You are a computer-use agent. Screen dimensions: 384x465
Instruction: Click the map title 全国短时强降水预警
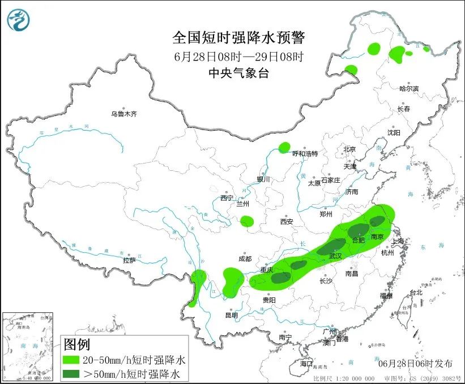(x=238, y=38)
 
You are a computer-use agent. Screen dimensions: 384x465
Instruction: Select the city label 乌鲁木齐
(x=124, y=114)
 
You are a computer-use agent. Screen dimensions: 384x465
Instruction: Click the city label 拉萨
(x=129, y=261)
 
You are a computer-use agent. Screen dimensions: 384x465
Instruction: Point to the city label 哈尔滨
(x=408, y=89)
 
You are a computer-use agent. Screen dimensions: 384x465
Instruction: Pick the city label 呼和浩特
(x=305, y=154)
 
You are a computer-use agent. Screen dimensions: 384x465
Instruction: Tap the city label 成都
(x=245, y=259)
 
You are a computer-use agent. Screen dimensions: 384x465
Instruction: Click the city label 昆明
(x=232, y=315)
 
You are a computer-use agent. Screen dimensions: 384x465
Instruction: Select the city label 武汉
(x=335, y=256)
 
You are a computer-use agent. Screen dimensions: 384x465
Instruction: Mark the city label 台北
(x=416, y=293)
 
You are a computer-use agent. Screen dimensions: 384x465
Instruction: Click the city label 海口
(x=306, y=363)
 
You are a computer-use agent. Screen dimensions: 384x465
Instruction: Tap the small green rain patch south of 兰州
(x=246, y=221)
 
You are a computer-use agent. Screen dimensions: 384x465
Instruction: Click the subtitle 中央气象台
(x=238, y=72)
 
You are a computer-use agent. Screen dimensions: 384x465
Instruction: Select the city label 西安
(x=287, y=222)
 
